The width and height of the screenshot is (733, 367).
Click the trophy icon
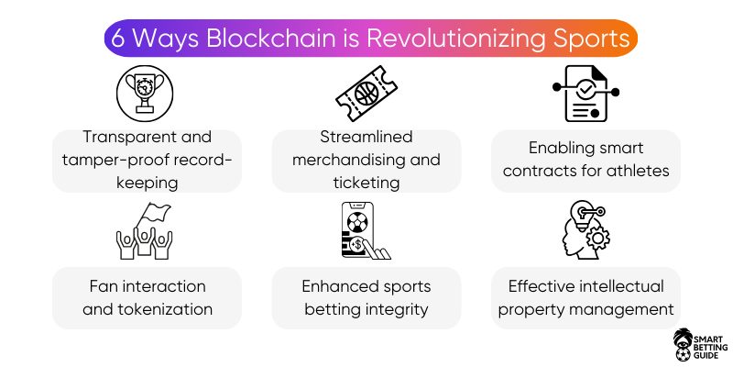pyautogui.click(x=145, y=94)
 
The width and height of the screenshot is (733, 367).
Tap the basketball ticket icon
pyautogui.click(x=366, y=94)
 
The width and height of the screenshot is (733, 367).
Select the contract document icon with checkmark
pyautogui.click(x=585, y=94)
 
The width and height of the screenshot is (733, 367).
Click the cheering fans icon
pyautogui.click(x=145, y=231)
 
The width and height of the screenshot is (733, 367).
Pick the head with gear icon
pyautogui.click(x=586, y=230)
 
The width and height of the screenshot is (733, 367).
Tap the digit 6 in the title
pyautogui.click(x=118, y=39)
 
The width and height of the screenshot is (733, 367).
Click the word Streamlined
pyautogui.click(x=366, y=137)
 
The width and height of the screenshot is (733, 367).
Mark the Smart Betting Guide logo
pyautogui.click(x=700, y=344)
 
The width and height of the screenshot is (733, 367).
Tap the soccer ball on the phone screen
pyautogui.click(x=357, y=222)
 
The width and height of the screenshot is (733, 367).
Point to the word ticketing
pyautogui.click(x=366, y=183)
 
